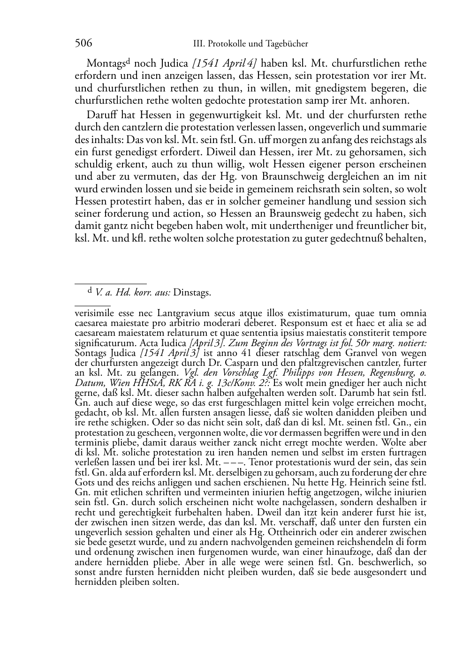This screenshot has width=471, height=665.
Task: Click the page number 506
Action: [x=83, y=44]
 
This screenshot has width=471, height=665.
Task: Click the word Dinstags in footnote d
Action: [x=192, y=293]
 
